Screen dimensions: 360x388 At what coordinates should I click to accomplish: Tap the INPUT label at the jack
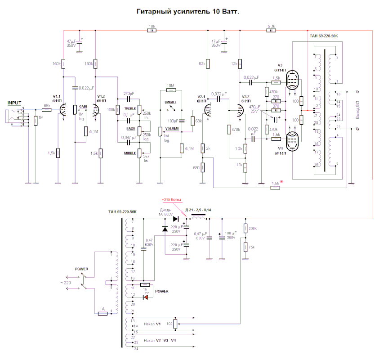pos(14,103)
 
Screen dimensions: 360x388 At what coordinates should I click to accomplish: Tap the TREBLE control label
pos(130,108)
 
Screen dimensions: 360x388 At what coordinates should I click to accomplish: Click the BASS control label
pos(130,129)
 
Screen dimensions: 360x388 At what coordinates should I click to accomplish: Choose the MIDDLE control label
pos(130,153)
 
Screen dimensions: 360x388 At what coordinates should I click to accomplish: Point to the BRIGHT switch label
pos(170,102)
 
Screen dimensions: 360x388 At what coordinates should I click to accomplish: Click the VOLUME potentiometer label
pos(171,129)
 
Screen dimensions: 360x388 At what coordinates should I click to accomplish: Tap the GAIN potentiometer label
pos(83,107)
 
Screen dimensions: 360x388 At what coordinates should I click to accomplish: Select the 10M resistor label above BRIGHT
pos(170,85)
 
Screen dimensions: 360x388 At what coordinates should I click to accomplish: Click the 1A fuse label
pos(102,309)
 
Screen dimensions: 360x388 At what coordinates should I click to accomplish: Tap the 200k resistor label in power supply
pos(252,229)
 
